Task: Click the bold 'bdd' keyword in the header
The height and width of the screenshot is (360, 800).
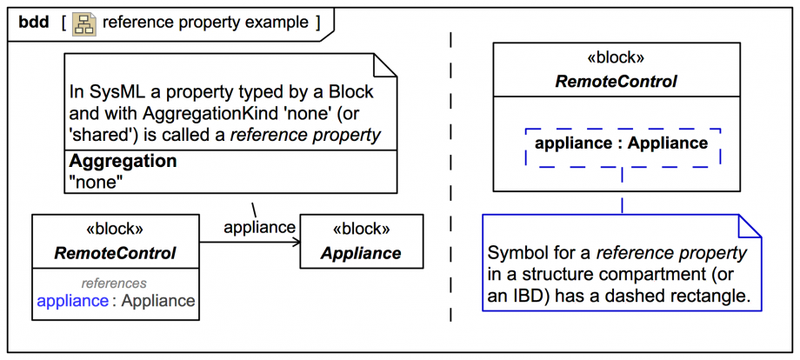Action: (x=33, y=23)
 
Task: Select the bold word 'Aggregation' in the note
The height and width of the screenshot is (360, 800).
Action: (x=123, y=162)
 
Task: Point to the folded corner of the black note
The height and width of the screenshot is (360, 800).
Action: (x=385, y=65)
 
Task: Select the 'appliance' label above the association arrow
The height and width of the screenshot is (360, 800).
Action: (x=259, y=227)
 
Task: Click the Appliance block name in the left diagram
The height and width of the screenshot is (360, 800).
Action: (x=361, y=254)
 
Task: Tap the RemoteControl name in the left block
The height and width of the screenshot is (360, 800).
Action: (x=115, y=254)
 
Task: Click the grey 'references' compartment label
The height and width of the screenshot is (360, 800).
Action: (x=114, y=283)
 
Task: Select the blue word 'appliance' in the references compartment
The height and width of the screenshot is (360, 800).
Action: (x=72, y=302)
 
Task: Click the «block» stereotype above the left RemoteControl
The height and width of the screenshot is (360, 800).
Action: (x=115, y=230)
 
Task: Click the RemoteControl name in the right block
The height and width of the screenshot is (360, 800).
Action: (x=616, y=82)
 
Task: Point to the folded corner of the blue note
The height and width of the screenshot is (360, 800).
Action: (x=749, y=225)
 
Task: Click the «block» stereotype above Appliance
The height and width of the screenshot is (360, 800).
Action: (x=361, y=230)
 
